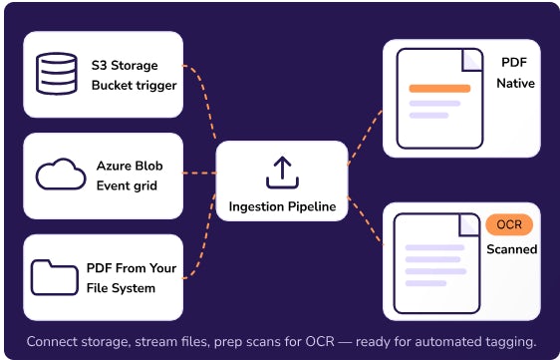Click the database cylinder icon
tap(57, 74)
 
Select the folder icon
tap(54, 277)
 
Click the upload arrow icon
tap(282, 173)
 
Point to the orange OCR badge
tap(509, 224)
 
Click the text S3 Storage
tap(125, 66)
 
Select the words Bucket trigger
tap(134, 86)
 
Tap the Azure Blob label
tap(130, 166)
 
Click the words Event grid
tap(127, 185)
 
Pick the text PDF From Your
tap(132, 268)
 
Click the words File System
tap(122, 288)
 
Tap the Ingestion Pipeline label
tap(282, 206)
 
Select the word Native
tap(516, 84)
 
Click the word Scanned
tap(512, 249)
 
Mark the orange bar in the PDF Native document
tap(439, 89)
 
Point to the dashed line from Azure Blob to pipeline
tap(199, 174)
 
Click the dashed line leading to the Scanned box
tap(365, 220)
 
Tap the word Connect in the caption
tap(52, 341)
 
